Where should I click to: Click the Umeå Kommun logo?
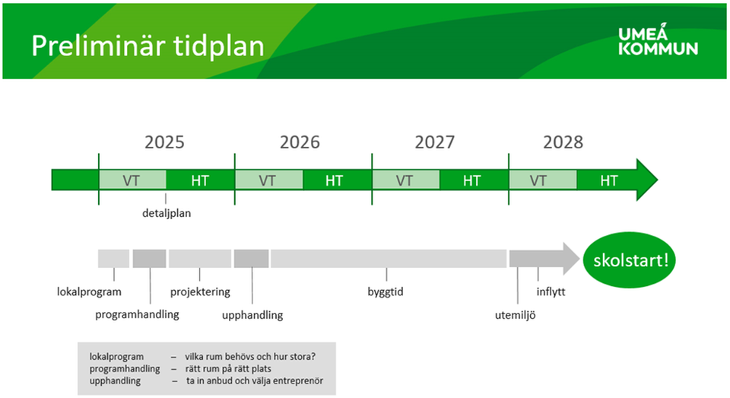pos(658,39)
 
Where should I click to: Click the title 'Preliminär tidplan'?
pos(148,46)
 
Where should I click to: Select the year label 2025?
pos(164,142)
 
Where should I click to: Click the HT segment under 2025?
pos(200,180)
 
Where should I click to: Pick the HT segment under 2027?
pos(472,180)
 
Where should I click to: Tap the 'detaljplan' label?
pos(167,213)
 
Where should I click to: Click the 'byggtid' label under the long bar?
pos(386,291)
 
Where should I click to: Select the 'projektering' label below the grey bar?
pos(200,291)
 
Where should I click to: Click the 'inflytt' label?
pos(551,291)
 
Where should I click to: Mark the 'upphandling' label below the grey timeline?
pos(252,314)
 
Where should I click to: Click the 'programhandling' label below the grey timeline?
pos(137,314)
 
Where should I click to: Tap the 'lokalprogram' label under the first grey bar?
pos(89,291)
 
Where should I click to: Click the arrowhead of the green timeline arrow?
pos(646,180)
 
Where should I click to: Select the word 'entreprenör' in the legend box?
pos(307,380)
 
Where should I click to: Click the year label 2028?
pos(563,142)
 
